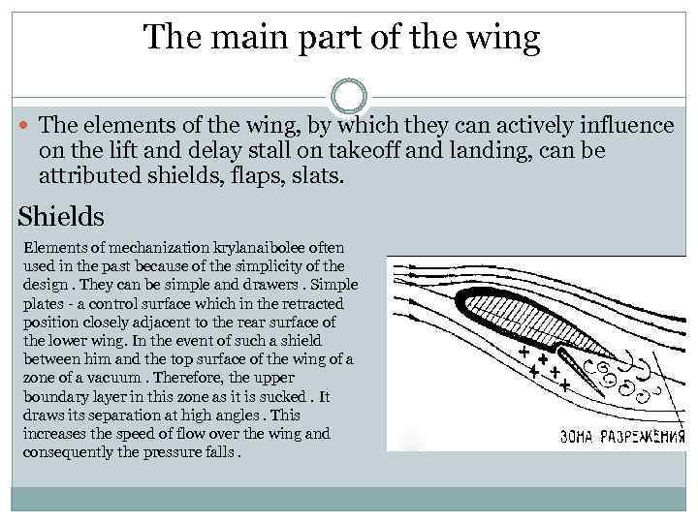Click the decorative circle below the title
point(349,97)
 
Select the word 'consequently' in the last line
point(62,450)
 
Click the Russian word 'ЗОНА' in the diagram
point(580,437)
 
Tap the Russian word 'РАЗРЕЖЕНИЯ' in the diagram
point(647,437)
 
